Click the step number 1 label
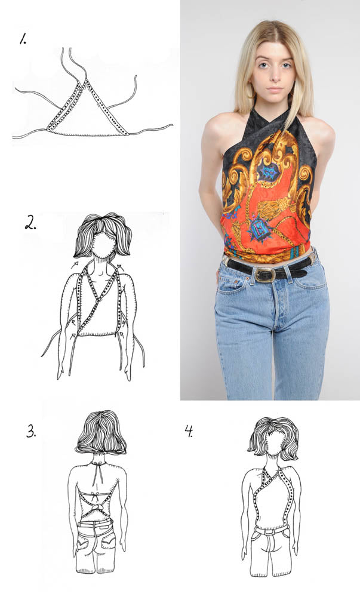coord(23,39)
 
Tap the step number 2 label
coord(31,222)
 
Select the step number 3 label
coord(32,431)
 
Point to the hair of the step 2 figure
coord(103,233)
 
